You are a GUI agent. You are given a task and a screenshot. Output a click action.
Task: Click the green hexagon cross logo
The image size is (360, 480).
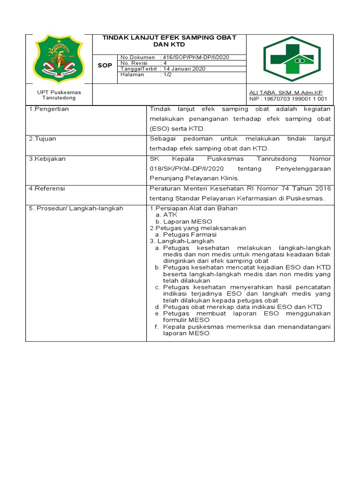pyautogui.click(x=292, y=59)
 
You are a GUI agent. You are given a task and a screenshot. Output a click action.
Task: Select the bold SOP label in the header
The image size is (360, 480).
pyautogui.click(x=105, y=66)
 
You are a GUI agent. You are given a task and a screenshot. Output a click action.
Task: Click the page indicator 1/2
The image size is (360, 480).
pyautogui.click(x=166, y=75)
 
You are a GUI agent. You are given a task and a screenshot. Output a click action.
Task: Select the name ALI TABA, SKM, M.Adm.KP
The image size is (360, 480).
pyautogui.click(x=286, y=93)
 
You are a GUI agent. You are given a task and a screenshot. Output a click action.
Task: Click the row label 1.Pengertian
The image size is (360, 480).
pyautogui.click(x=49, y=109)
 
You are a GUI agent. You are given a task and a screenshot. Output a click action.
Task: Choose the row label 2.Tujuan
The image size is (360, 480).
pyautogui.click(x=43, y=139)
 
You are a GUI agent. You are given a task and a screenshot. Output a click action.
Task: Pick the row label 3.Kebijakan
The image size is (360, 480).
pyautogui.click(x=47, y=159)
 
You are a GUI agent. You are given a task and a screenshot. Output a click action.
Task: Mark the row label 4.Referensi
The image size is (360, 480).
pyautogui.click(x=47, y=188)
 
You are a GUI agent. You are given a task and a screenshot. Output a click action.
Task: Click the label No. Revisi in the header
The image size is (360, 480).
pyautogui.click(x=134, y=63)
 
